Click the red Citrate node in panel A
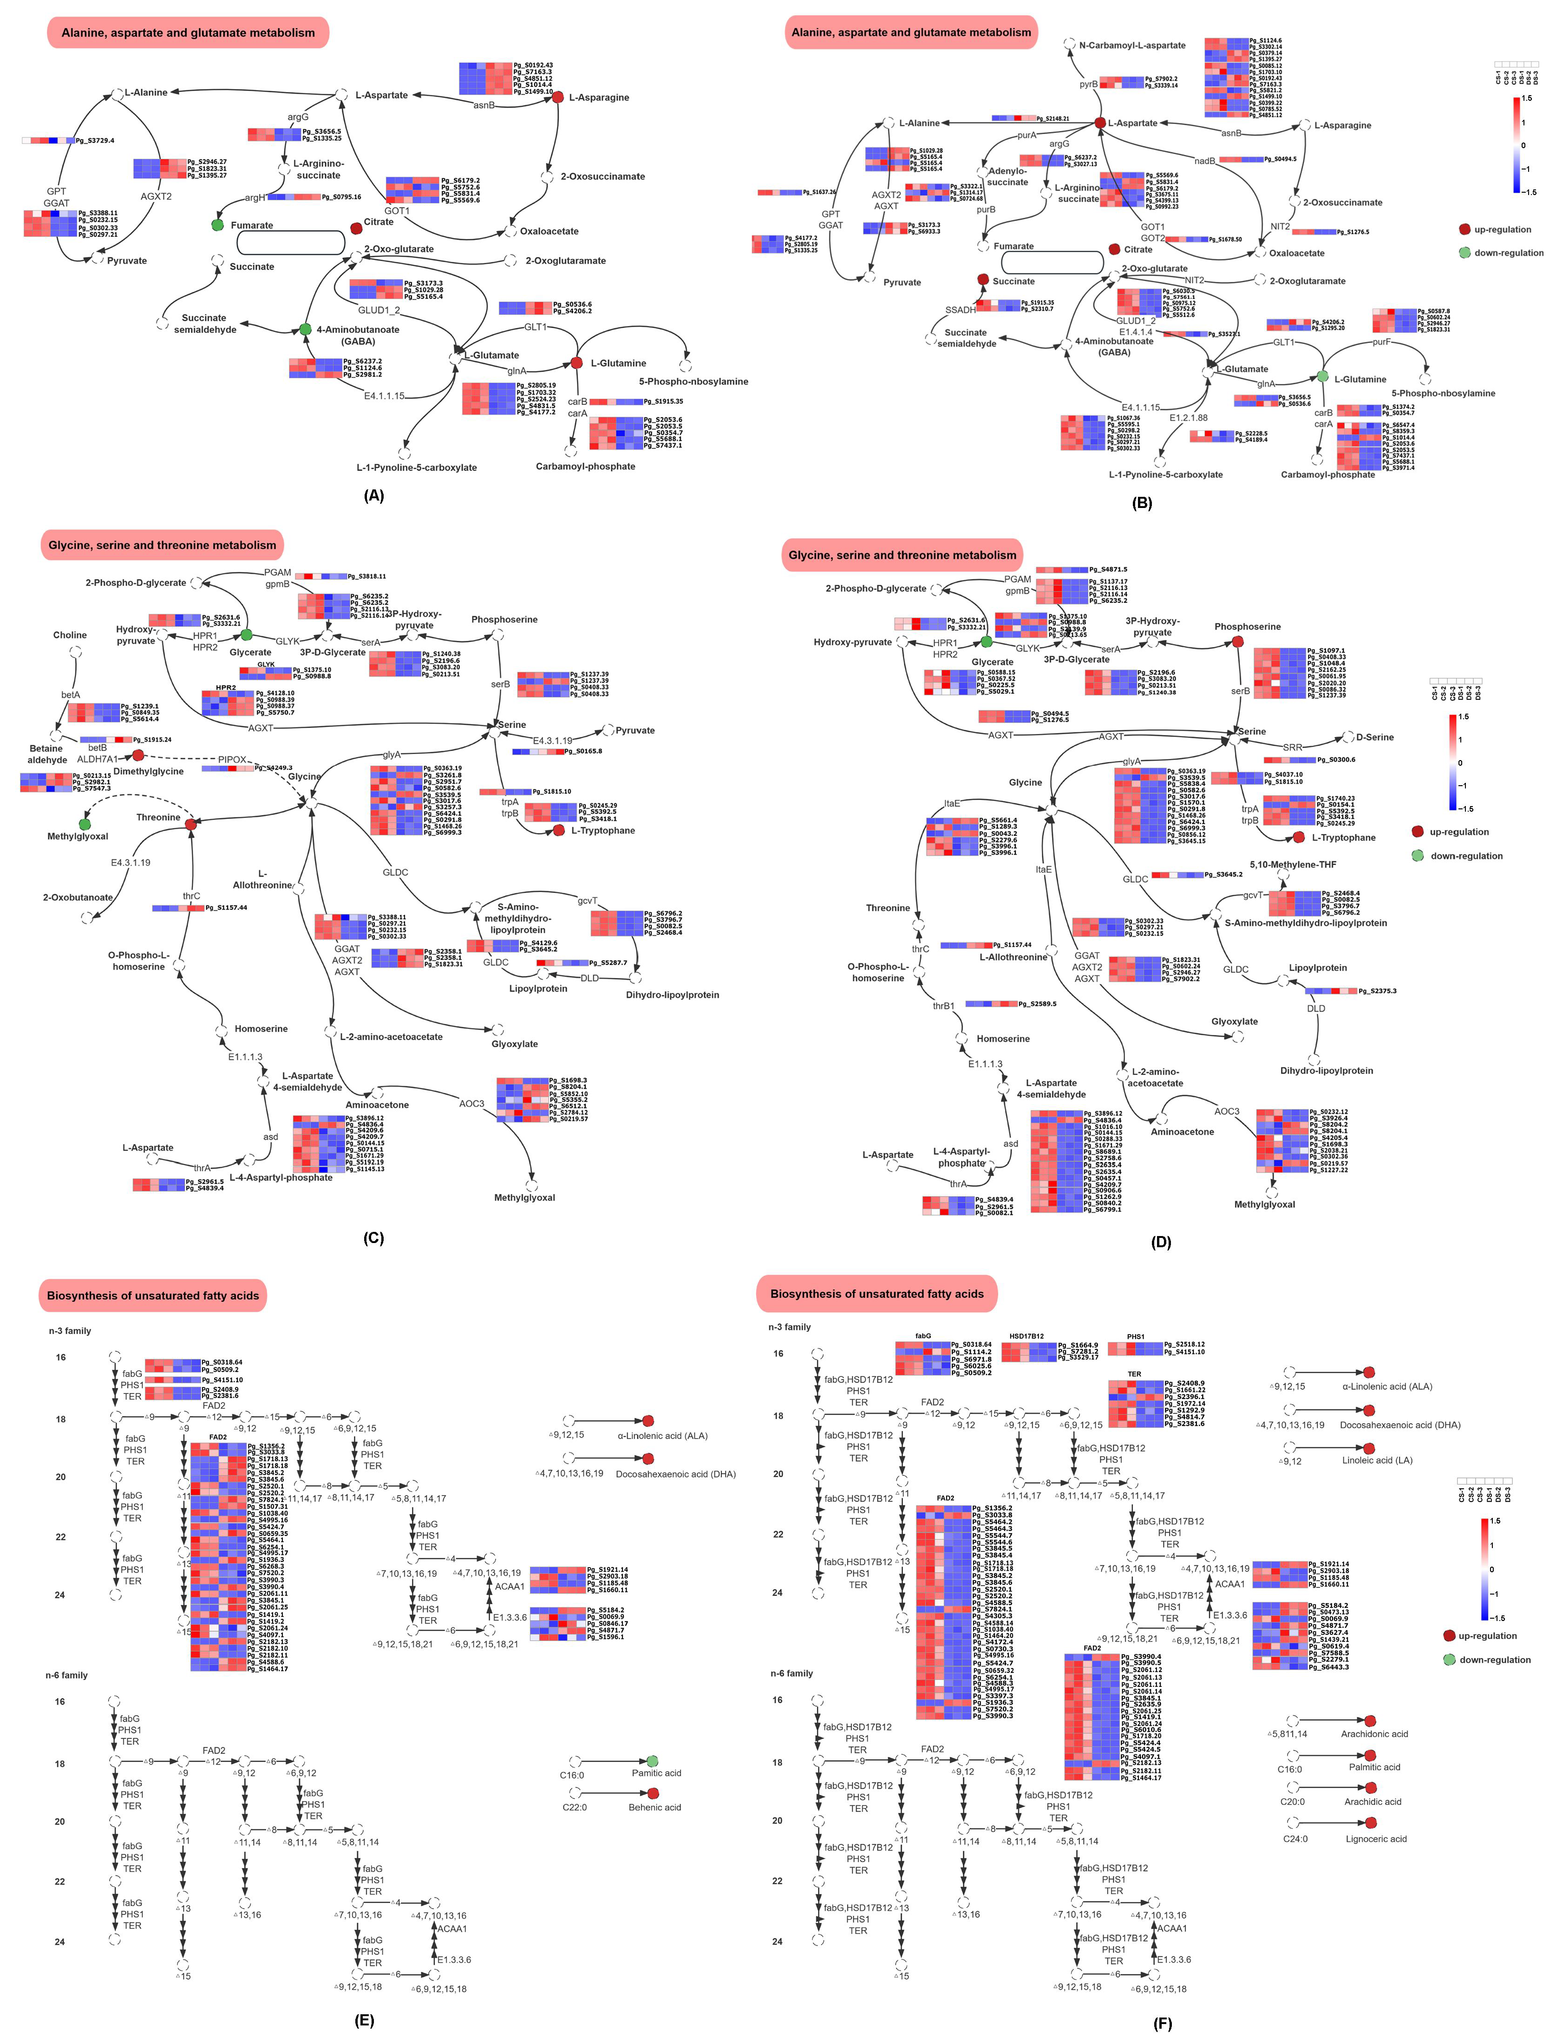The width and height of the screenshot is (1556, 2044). pos(357,228)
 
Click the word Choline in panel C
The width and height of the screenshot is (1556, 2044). pos(71,635)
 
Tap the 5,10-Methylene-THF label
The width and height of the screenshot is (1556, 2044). pos(1293,865)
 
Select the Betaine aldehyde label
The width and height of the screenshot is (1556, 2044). pos(46,755)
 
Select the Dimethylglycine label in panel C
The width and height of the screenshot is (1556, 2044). pos(148,771)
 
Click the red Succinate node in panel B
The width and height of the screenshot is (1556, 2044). pos(983,280)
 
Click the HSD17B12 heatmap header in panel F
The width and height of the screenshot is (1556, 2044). pos(1026,1336)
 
